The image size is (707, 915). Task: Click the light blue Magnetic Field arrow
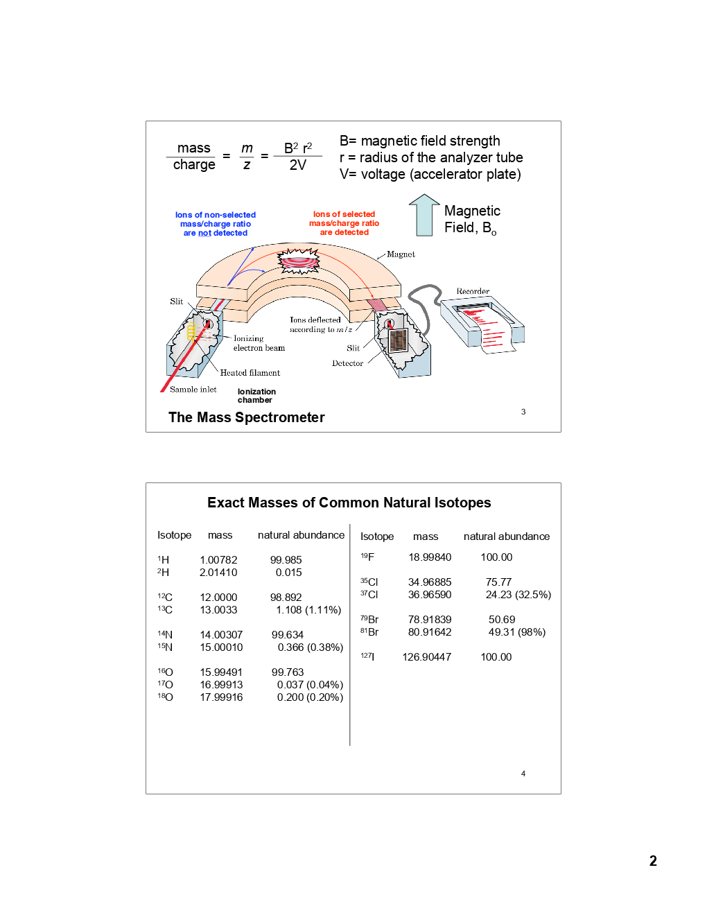pyautogui.click(x=424, y=216)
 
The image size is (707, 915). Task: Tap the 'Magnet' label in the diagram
pyautogui.click(x=401, y=254)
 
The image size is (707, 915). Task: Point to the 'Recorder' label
pyautogui.click(x=473, y=291)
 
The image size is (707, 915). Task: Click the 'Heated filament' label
pyautogui.click(x=250, y=373)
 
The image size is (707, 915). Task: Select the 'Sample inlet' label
pyautogui.click(x=193, y=390)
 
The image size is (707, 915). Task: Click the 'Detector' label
pyautogui.click(x=347, y=363)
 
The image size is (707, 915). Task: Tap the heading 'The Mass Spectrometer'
pyautogui.click(x=246, y=417)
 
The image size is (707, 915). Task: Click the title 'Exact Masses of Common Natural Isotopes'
pyautogui.click(x=349, y=503)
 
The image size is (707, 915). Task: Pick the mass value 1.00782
pyautogui.click(x=218, y=560)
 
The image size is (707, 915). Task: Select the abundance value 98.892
pyautogui.click(x=286, y=598)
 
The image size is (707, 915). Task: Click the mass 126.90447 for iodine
pyautogui.click(x=426, y=657)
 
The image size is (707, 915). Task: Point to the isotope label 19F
pyautogui.click(x=367, y=557)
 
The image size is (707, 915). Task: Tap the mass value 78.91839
pyautogui.click(x=429, y=620)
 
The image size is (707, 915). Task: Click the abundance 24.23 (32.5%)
pyautogui.click(x=518, y=595)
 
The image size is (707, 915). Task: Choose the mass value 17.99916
pyautogui.click(x=221, y=697)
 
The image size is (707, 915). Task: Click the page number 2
pyautogui.click(x=652, y=861)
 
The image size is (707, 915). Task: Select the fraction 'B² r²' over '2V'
pyautogui.click(x=297, y=157)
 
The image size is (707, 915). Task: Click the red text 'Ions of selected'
pyautogui.click(x=344, y=214)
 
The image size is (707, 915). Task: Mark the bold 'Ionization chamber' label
pyautogui.click(x=256, y=396)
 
